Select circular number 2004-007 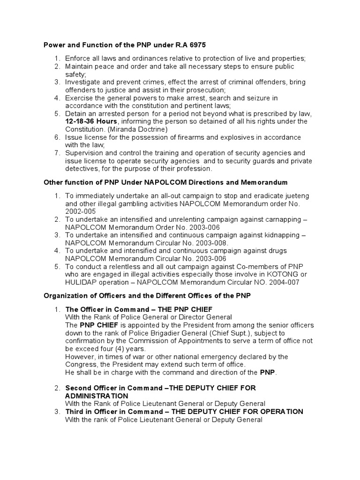[x=282, y=283]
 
